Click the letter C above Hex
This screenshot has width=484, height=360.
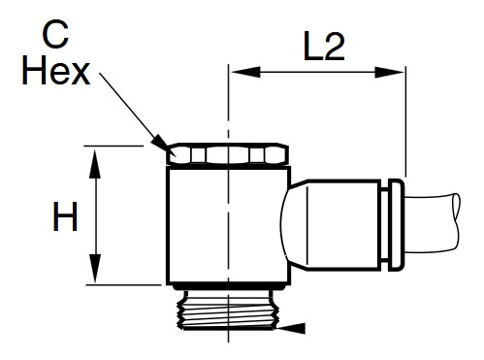[x=55, y=34]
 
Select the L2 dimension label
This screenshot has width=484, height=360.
[x=324, y=46]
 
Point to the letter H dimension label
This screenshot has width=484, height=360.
[x=65, y=216]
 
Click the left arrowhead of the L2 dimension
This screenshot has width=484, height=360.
[x=245, y=72]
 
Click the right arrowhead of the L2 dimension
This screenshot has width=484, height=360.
[x=389, y=72]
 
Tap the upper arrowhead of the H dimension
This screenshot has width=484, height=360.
[x=95, y=163]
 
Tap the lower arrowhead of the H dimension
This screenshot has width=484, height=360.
[x=95, y=268]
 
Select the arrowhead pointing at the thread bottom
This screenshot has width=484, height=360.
[x=290, y=328]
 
